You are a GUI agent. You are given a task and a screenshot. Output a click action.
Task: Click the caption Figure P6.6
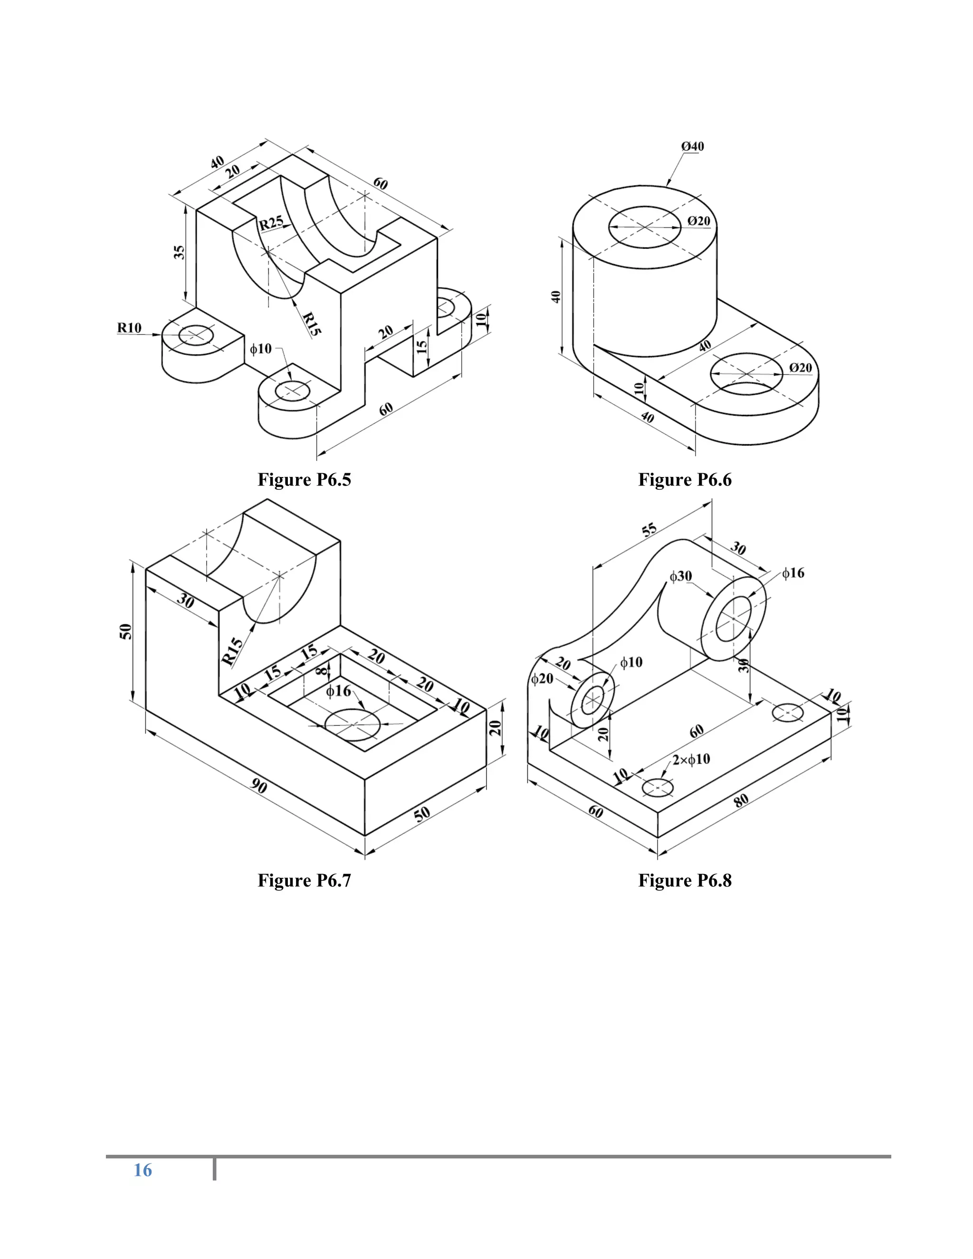(684, 480)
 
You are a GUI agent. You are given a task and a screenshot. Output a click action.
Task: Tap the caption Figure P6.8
(684, 880)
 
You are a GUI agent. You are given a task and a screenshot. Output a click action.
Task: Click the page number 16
(143, 1170)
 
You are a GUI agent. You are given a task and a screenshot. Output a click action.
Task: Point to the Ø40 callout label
(692, 146)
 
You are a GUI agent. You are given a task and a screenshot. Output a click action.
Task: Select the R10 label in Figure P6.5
(129, 328)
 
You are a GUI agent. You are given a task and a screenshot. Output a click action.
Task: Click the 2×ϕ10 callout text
(691, 759)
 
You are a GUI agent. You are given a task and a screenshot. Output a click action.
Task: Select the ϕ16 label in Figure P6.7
(338, 691)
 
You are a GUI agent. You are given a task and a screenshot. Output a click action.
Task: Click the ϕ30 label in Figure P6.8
(681, 576)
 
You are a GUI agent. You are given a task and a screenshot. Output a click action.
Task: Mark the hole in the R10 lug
(196, 335)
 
